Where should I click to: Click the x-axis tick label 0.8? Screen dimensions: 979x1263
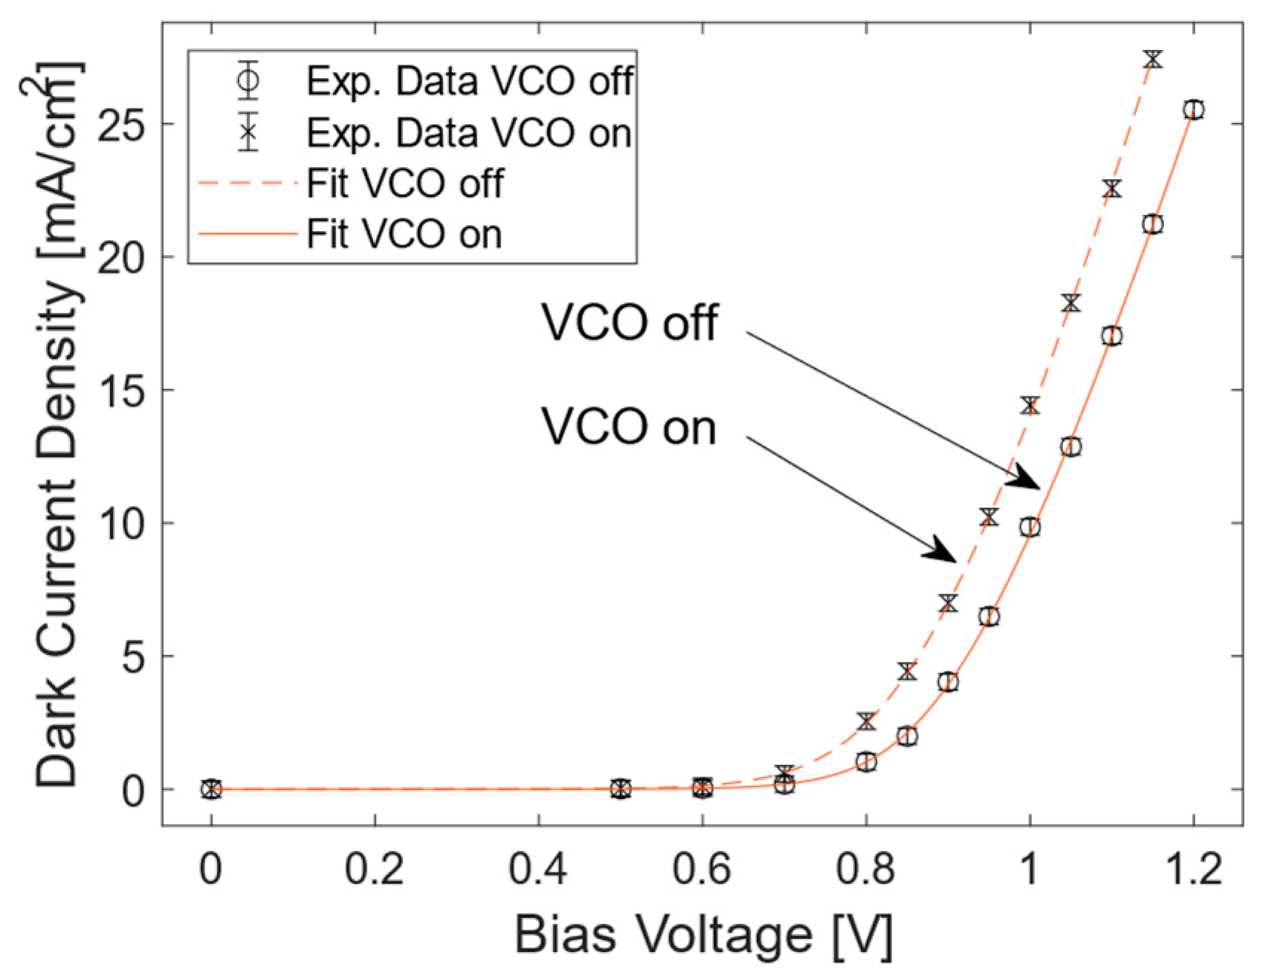click(x=865, y=869)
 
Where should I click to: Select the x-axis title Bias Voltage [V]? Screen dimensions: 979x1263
click(x=703, y=934)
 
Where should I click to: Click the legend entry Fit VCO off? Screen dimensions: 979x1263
click(x=405, y=183)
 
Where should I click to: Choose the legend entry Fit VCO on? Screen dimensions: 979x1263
click(x=404, y=235)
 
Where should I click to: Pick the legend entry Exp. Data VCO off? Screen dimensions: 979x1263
click(x=470, y=80)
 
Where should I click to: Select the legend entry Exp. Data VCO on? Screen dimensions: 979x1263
click(x=469, y=132)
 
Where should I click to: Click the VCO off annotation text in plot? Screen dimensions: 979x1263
click(x=629, y=323)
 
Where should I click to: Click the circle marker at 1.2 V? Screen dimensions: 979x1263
click(x=1193, y=110)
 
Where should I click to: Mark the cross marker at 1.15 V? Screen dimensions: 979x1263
click(x=1152, y=59)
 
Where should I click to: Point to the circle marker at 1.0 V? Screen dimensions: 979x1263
click(x=1030, y=527)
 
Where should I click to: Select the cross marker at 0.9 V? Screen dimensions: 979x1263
click(x=948, y=603)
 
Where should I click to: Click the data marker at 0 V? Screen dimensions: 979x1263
click(x=212, y=789)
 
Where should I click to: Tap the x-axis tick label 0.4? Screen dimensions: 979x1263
click(x=538, y=869)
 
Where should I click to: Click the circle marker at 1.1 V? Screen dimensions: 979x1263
click(x=1111, y=336)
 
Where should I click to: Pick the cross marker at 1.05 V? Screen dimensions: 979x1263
click(x=1071, y=303)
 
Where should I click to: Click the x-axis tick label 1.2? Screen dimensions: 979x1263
click(x=1192, y=869)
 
